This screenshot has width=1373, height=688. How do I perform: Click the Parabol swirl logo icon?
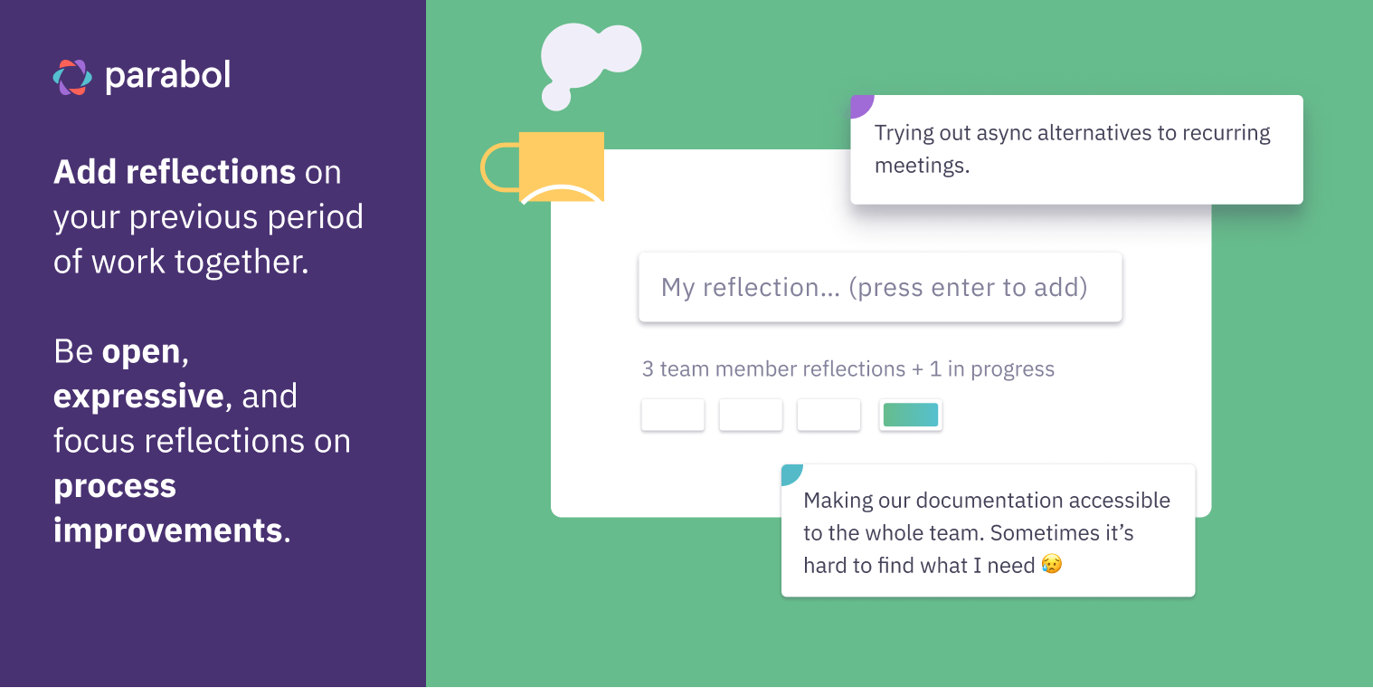point(72,77)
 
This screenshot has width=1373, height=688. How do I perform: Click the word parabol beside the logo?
point(167,76)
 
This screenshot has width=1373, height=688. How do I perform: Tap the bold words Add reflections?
point(175,171)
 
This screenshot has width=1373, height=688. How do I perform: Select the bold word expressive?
point(138,397)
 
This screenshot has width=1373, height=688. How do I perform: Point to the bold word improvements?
point(167,530)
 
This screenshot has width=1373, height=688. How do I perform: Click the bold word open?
point(141,351)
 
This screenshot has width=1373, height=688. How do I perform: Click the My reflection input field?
point(879,288)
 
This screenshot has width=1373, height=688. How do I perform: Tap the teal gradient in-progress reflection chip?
point(911,415)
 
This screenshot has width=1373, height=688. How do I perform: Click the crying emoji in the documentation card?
point(1051,565)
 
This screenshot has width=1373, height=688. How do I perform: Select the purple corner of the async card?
point(860,105)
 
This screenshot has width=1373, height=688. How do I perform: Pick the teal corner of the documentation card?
point(791,473)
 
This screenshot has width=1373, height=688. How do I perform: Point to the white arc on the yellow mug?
point(562,191)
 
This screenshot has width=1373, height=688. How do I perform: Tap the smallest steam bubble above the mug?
point(555,96)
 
